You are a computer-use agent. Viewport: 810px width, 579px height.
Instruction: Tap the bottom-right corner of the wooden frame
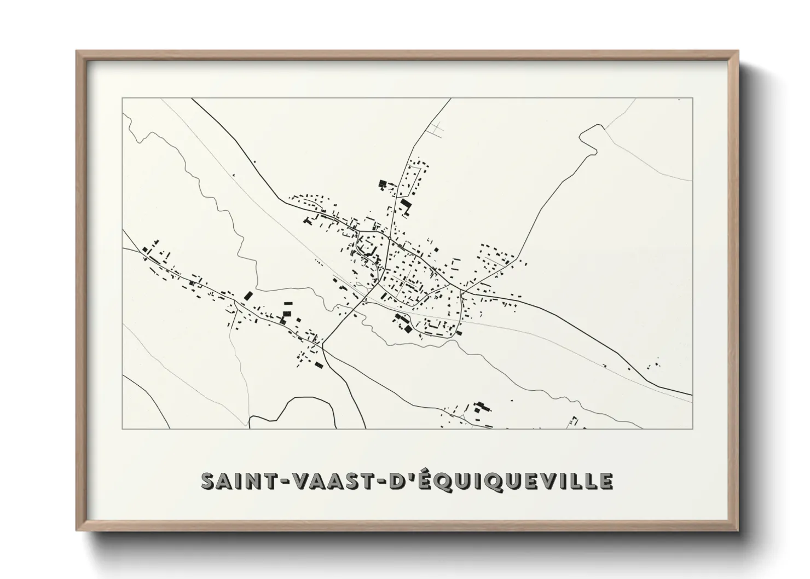pos(737,530)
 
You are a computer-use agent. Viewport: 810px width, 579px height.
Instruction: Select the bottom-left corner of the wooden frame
pos(77,530)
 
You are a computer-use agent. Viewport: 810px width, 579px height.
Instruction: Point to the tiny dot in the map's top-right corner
pos(679,100)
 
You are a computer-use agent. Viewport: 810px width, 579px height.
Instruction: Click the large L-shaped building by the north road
pos(405,205)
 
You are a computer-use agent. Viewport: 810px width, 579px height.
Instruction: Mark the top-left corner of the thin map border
pos(122,98)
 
